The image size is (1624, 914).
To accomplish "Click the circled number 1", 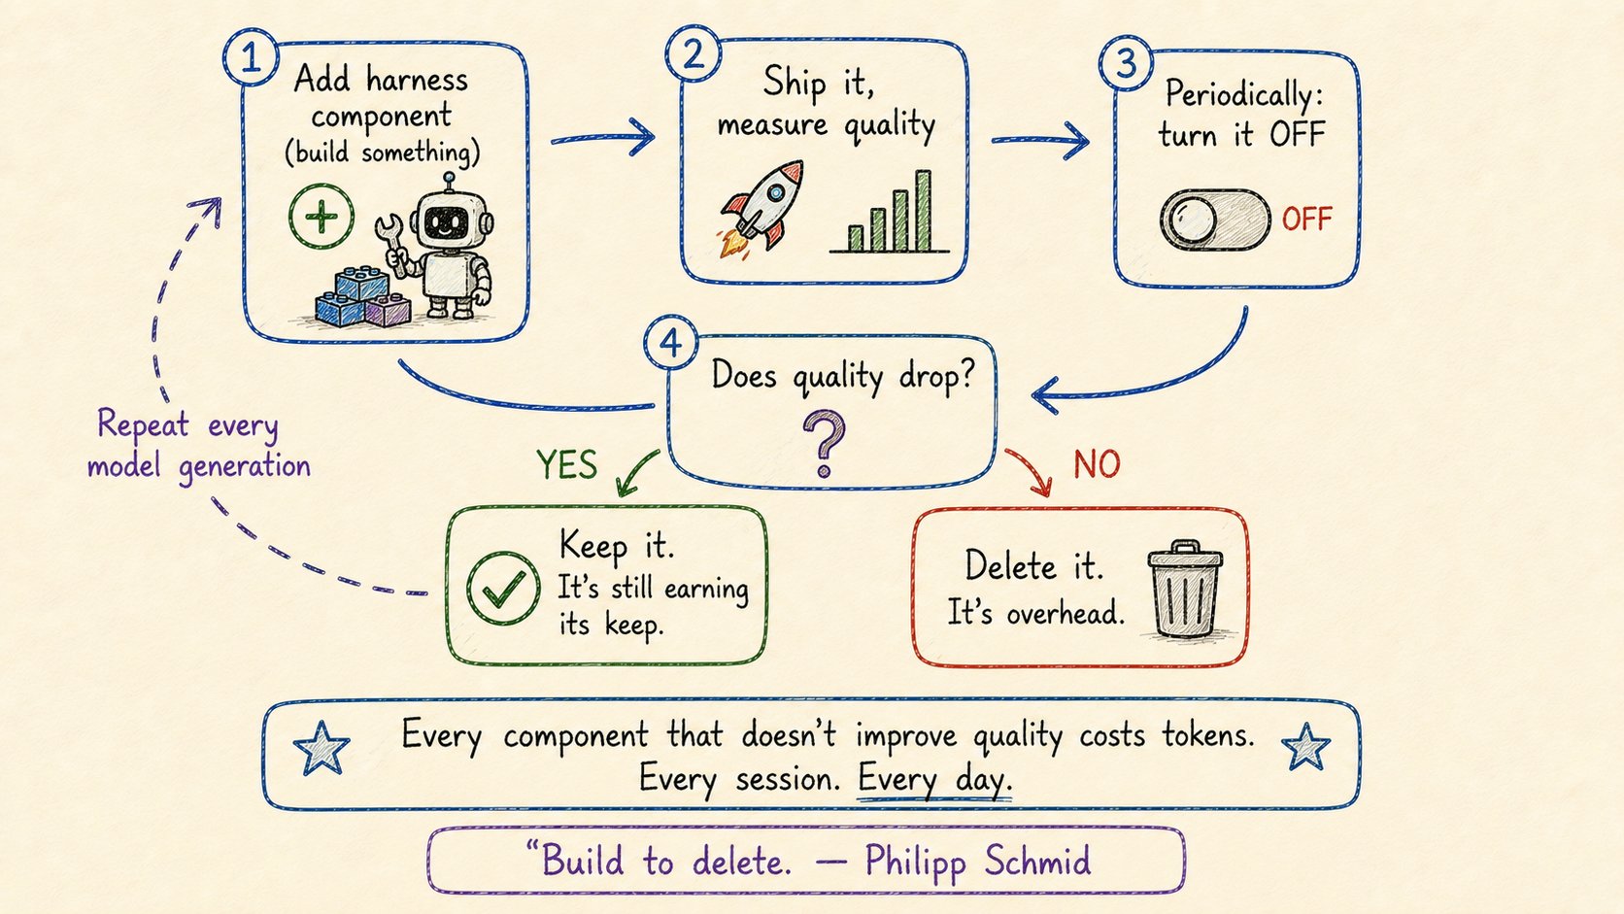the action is click(251, 57).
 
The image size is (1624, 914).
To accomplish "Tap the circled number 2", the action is click(694, 52).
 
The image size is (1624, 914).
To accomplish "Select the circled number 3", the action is click(1126, 62).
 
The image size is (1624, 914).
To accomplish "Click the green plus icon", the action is click(321, 217).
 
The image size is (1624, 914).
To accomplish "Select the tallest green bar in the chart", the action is click(923, 210).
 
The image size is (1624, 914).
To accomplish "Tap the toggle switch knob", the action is click(1188, 219).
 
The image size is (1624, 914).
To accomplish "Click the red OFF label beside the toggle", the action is click(1307, 219).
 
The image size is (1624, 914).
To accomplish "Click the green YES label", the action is click(567, 464).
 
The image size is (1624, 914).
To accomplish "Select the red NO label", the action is click(1097, 464).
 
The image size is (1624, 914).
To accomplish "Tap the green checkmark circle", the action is click(503, 588).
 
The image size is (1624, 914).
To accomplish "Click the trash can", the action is click(1185, 590).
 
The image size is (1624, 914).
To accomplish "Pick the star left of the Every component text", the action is click(321, 747).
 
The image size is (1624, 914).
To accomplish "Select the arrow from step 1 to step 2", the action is click(603, 137).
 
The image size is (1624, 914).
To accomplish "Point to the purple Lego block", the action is click(388, 310).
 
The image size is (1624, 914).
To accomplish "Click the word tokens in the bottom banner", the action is click(1208, 735).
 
